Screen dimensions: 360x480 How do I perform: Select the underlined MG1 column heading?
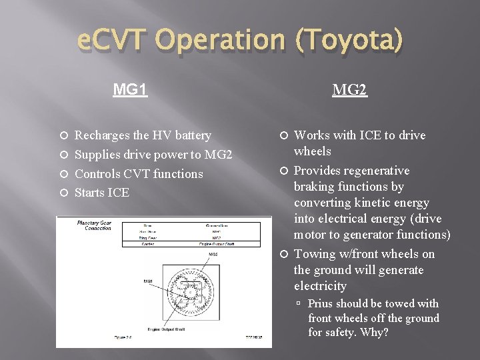(130, 89)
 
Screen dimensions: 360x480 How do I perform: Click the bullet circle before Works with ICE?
(283, 136)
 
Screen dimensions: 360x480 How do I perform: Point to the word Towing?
(315, 254)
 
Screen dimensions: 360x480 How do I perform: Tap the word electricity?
(320, 286)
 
